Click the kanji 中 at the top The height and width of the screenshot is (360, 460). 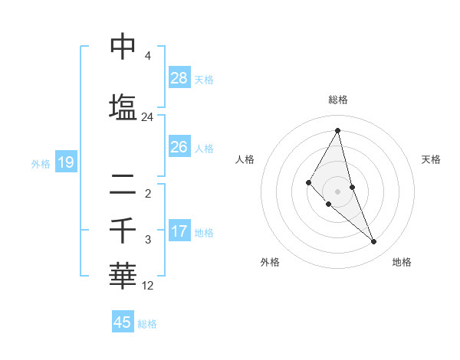[123, 47]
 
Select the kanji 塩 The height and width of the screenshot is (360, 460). [123, 106]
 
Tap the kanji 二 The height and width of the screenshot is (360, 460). [123, 183]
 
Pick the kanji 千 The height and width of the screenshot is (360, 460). [123, 230]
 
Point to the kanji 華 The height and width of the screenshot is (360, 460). [123, 276]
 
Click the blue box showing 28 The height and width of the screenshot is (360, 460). [179, 78]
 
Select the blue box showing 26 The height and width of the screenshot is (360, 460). [179, 146]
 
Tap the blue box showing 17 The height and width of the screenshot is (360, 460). [179, 231]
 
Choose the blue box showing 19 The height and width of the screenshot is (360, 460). [65, 162]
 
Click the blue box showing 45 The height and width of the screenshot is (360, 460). [123, 322]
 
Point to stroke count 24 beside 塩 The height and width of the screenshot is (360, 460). [147, 117]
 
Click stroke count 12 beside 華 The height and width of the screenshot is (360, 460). [148, 286]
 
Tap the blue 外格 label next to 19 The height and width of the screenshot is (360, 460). [41, 163]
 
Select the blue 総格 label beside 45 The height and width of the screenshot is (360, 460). [147, 323]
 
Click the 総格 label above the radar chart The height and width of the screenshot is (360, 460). [337, 100]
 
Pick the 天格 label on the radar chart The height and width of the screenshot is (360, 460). [431, 159]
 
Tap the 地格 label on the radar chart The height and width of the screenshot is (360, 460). [402, 262]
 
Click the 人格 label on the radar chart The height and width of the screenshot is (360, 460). [245, 159]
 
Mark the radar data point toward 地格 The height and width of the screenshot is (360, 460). [374, 242]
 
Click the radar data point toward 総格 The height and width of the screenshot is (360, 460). [337, 130]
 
